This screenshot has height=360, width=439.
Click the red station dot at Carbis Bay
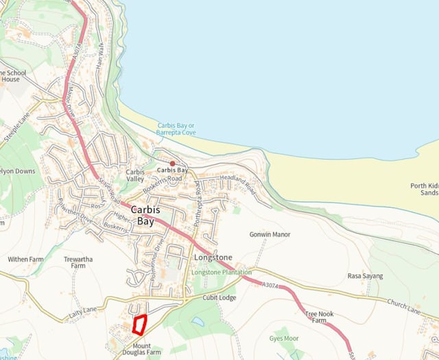click(x=172, y=163)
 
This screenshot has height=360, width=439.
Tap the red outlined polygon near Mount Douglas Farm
click(x=141, y=324)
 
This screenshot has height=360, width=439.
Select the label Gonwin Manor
click(x=270, y=235)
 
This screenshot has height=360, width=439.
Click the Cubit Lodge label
click(x=219, y=298)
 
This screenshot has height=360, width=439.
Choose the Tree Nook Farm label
click(x=315, y=317)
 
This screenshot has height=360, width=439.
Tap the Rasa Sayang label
click(x=365, y=276)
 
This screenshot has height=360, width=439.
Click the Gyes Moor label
click(x=284, y=339)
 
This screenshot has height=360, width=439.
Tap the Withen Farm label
click(x=25, y=259)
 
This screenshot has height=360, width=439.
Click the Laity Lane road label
click(x=84, y=314)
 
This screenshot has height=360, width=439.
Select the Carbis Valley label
click(x=135, y=176)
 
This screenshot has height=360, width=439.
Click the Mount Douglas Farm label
click(x=142, y=349)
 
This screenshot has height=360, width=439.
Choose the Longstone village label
click(x=213, y=258)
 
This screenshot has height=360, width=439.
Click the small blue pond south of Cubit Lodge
click(x=198, y=321)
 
